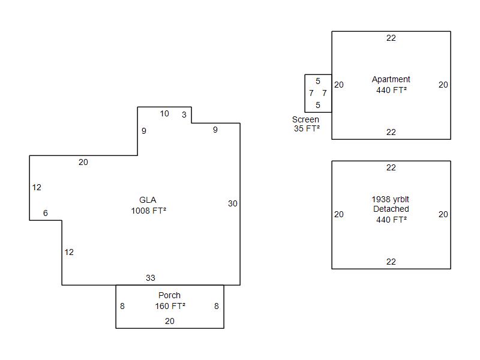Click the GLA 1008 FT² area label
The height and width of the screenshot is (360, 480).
pyautogui.click(x=148, y=205)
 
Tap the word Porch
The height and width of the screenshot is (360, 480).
pyautogui.click(x=169, y=295)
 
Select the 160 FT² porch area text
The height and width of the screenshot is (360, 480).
pyautogui.click(x=170, y=306)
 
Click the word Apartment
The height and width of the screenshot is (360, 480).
pyautogui.click(x=391, y=79)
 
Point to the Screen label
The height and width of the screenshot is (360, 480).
pyautogui.click(x=305, y=119)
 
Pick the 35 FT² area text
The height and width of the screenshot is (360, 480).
pyautogui.click(x=307, y=128)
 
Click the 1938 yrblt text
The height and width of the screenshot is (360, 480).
pyautogui.click(x=391, y=199)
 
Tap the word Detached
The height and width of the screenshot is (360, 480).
pyautogui.click(x=391, y=209)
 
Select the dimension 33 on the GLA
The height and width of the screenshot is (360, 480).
pyautogui.click(x=151, y=278)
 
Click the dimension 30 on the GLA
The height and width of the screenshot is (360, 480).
pyautogui.click(x=233, y=203)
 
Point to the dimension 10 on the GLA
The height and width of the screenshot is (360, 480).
pyautogui.click(x=164, y=113)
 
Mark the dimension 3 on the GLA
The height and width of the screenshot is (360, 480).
pyautogui.click(x=184, y=115)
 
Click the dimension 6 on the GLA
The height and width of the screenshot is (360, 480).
pyautogui.click(x=46, y=213)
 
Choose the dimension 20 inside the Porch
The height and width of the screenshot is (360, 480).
pyautogui.click(x=170, y=321)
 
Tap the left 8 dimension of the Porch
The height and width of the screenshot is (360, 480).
pyautogui.click(x=122, y=306)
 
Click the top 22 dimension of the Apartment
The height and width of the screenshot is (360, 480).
pyautogui.click(x=391, y=38)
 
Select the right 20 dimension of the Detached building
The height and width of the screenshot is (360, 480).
pyautogui.click(x=443, y=214)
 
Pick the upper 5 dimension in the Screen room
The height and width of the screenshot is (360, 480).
pyautogui.click(x=318, y=81)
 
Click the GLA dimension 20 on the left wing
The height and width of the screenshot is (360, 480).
pyautogui.click(x=83, y=162)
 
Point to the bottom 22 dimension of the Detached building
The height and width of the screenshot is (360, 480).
pyautogui.click(x=391, y=262)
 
